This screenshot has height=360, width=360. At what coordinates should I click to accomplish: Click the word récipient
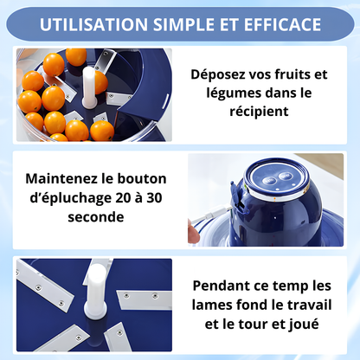[x=267, y=113]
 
